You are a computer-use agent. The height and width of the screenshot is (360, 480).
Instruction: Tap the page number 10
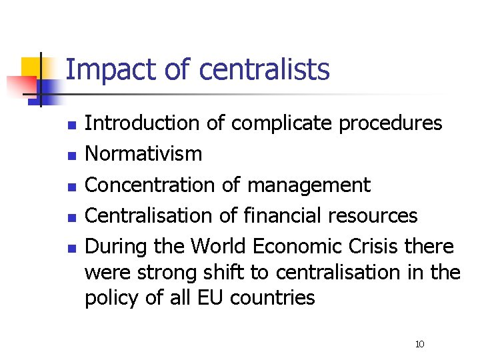tap(419, 344)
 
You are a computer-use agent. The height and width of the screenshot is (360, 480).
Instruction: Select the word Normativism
tap(143, 154)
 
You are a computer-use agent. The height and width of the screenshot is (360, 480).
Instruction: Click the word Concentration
tap(152, 185)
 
